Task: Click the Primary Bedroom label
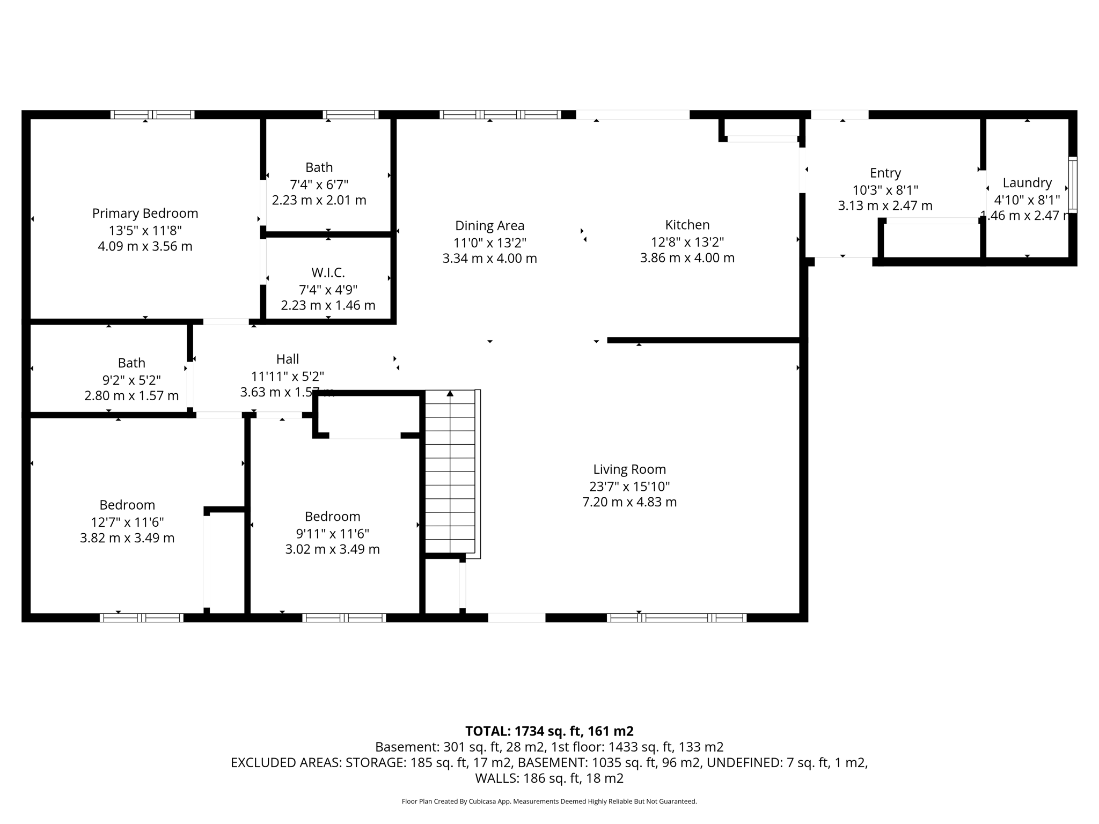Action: pos(145,214)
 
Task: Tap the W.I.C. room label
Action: pos(328,273)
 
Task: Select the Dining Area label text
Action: pos(489,226)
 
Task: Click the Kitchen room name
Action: pos(687,225)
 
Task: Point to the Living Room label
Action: pos(629,469)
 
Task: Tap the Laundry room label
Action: pos(1027,183)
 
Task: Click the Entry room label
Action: pos(885,173)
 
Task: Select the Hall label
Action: pos(288,359)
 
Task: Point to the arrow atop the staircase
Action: pos(450,394)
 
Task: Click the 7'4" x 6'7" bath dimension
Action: pos(319,185)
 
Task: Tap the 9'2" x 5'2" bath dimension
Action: pos(131,380)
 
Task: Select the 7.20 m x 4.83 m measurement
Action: pos(629,502)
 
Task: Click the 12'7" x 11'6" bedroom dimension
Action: pos(127,522)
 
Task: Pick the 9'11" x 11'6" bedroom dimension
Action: pos(332,533)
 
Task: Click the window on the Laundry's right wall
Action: pos(1072,184)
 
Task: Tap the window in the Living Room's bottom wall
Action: pos(676,617)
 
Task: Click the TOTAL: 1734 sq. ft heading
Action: pos(549,731)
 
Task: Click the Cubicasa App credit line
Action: pos(549,801)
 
